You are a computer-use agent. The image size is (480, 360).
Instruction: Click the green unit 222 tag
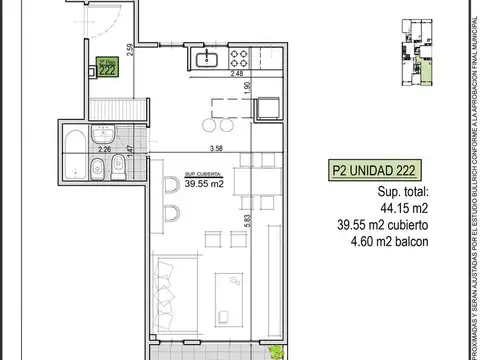point(104,70)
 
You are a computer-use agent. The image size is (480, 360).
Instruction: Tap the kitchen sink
point(211,59)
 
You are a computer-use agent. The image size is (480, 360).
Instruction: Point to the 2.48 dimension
point(235,73)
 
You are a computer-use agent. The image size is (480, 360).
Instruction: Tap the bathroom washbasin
point(104,134)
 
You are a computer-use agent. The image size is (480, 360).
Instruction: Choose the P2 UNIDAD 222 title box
point(383,170)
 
